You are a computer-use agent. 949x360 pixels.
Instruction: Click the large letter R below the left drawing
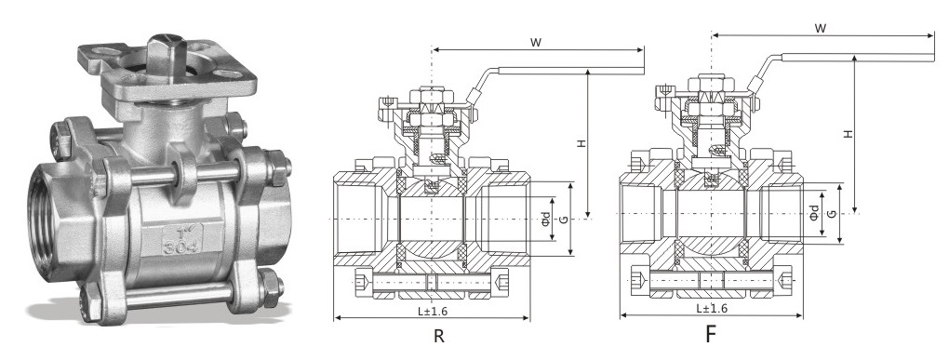tap(439, 336)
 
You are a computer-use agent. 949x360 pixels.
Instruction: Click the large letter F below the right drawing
tap(711, 335)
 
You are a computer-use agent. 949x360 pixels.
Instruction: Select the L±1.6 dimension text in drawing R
tap(432, 312)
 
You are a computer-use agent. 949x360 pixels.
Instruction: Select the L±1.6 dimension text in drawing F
tap(712, 308)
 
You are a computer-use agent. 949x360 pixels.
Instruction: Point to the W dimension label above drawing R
tap(536, 43)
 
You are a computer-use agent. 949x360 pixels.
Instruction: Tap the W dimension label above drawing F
tap(821, 28)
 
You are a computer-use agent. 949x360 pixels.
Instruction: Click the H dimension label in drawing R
tap(580, 143)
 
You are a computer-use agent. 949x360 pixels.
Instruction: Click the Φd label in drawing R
tap(546, 219)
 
